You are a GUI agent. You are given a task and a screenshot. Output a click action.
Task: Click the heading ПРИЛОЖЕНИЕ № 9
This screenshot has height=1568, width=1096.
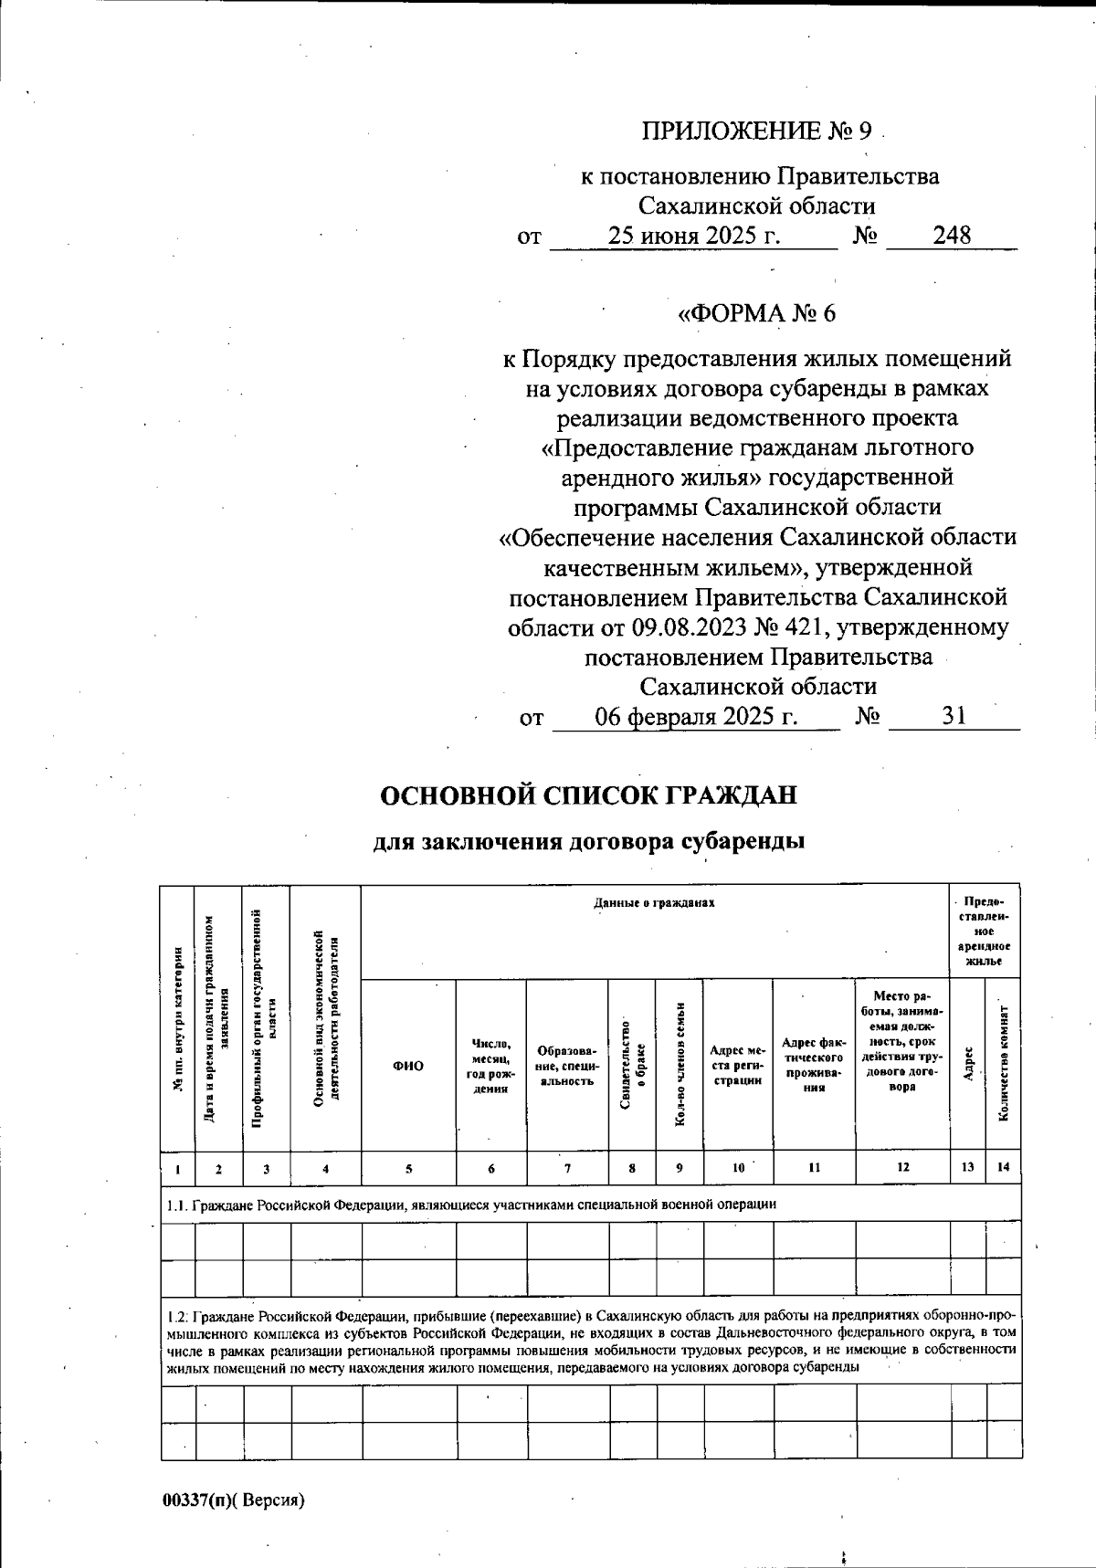pos(756,132)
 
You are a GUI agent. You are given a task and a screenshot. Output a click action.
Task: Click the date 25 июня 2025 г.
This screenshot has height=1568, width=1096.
pos(695,236)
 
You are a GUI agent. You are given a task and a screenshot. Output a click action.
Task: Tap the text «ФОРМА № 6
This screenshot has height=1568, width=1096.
pos(755,314)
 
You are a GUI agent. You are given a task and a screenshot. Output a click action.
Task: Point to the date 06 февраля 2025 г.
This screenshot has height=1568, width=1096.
pos(696,717)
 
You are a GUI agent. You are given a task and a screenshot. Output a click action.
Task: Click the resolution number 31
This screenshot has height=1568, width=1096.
pos(954,717)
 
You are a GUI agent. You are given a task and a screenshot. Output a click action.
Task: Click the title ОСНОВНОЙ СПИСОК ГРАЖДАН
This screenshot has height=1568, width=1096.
pos(588,795)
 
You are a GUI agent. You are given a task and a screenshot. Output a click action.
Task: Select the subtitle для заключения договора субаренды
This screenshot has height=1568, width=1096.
pos(589,841)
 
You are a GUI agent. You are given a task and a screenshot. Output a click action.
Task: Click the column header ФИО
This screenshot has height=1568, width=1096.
pos(408,1066)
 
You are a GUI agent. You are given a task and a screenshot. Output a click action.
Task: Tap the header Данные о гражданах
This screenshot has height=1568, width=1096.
pos(654,903)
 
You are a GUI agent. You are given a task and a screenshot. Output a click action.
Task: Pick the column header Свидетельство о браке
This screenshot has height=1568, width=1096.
pos(633,1066)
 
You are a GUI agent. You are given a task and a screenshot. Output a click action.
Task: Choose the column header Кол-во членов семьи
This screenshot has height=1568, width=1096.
pos(680,1066)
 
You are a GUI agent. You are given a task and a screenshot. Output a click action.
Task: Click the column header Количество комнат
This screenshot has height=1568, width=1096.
pos(1003,1066)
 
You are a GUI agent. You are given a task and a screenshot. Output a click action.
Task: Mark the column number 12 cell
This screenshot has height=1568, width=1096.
pos(902,1167)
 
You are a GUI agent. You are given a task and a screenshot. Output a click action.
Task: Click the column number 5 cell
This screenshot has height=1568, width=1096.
pos(408,1167)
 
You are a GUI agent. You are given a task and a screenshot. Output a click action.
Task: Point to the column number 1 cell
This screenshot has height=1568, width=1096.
pos(177,1167)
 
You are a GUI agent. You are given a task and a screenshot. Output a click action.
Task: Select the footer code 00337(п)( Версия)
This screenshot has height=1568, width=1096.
pos(233,1500)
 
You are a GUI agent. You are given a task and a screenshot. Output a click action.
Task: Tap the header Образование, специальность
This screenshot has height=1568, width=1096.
pos(567,1066)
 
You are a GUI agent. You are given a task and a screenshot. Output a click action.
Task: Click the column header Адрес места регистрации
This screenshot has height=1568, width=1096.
pos(738,1066)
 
